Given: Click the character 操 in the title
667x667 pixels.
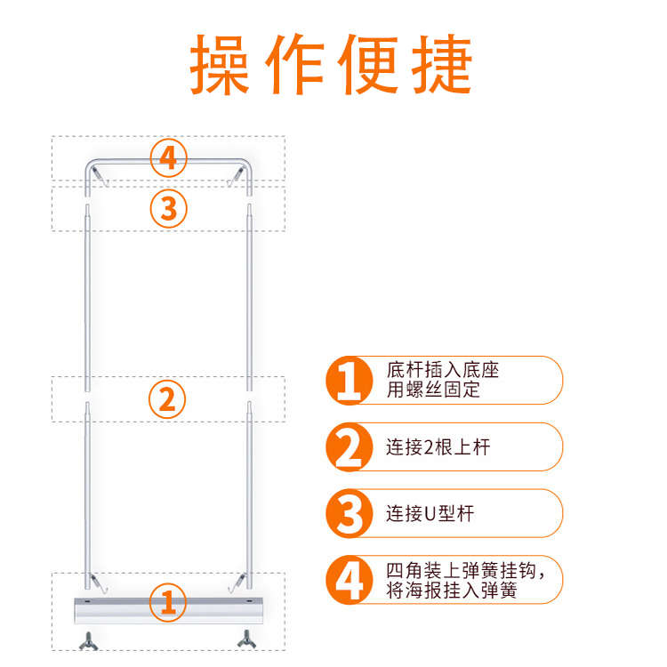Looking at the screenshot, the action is [220, 66].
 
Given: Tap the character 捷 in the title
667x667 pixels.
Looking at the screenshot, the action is [442, 66].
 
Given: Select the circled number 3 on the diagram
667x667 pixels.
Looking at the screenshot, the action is [168, 209].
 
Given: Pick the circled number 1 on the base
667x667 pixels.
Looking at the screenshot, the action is [167, 603].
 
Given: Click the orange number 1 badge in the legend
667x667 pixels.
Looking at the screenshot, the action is [349, 381].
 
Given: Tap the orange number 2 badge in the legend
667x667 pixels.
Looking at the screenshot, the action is [349, 447].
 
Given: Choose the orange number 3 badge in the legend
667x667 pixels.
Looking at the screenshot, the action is [349, 514].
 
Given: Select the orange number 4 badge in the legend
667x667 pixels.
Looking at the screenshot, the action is [349, 580].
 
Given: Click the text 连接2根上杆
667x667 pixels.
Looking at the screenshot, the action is [438, 447].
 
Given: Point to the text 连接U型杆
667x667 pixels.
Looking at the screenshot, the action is [430, 514].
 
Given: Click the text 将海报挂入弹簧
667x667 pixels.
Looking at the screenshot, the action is [452, 591].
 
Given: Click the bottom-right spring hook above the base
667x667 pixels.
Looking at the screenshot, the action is [237, 580].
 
